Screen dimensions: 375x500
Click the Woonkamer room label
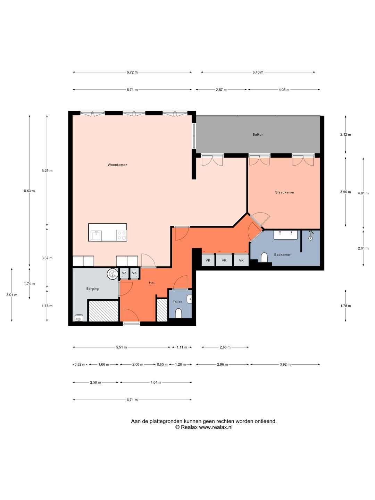tap(117, 165)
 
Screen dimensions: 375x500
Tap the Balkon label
tap(258, 134)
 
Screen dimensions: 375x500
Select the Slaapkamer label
tap(285, 192)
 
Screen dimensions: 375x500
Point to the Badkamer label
tap(282, 255)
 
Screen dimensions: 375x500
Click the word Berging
tap(92, 289)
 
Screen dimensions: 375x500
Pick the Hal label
tap(152, 283)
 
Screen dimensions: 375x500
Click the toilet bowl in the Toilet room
tap(178, 313)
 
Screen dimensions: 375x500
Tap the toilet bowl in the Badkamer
tap(264, 257)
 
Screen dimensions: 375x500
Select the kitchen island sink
tap(96, 235)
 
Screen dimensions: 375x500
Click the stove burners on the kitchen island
tap(122, 235)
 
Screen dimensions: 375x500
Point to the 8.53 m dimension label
tap(30, 191)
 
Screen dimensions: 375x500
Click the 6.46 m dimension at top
tap(258, 72)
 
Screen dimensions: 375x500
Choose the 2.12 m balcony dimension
tap(345, 134)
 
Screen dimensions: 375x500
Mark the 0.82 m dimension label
tap(80, 364)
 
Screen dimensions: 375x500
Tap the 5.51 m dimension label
tap(122, 347)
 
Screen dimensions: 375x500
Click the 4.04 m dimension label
tap(156, 382)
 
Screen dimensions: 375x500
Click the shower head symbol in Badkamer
tap(310, 235)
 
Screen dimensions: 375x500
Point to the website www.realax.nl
tap(216, 427)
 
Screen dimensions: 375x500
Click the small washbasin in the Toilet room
tap(189, 299)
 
